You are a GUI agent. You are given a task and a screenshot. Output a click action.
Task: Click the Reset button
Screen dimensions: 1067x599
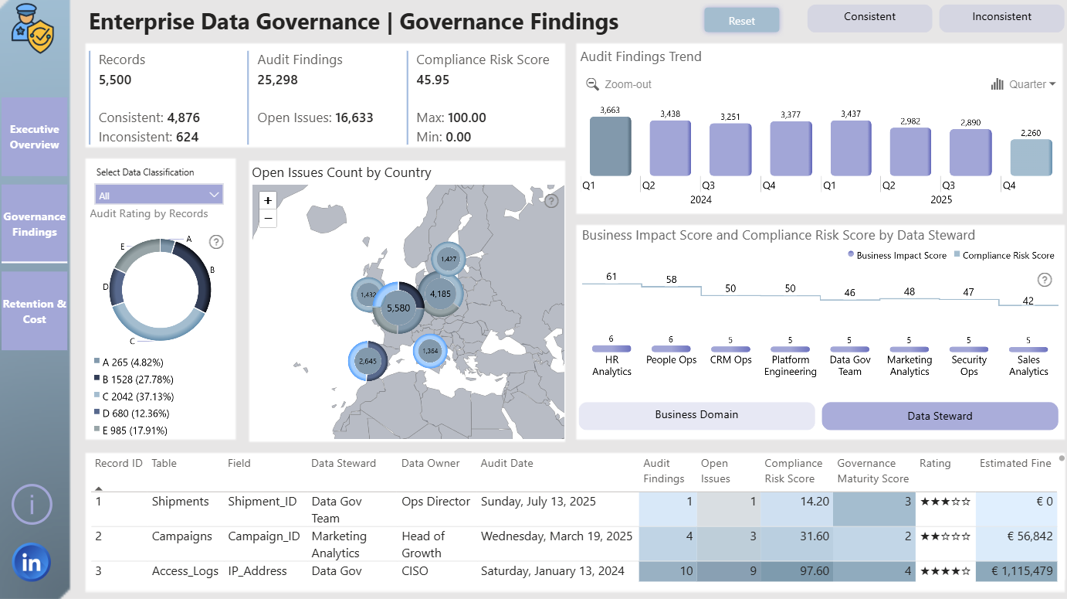742,21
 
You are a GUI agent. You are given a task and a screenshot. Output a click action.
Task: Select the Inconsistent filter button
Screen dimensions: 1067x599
1001,18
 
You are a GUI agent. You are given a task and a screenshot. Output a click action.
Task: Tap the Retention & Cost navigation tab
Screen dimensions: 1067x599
34,311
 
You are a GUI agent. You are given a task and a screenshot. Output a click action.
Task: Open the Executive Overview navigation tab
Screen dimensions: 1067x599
34,137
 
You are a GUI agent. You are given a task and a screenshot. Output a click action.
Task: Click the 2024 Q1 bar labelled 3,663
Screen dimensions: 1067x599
610,146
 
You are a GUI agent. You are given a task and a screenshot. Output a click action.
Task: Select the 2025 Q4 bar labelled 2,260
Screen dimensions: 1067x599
1031,158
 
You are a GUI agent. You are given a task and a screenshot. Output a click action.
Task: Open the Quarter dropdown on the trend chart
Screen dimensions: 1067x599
1024,84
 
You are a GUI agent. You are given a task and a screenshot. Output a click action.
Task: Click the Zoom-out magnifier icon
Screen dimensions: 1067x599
592,84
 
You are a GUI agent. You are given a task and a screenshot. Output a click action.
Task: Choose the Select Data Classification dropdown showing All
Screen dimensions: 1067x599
158,195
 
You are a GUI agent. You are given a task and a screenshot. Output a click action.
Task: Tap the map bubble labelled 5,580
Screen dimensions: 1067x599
398,308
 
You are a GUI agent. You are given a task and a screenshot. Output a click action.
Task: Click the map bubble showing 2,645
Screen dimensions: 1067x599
368,361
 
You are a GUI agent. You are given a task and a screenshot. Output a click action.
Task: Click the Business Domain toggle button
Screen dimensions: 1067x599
696,415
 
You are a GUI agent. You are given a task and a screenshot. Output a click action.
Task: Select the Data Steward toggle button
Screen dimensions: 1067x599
940,416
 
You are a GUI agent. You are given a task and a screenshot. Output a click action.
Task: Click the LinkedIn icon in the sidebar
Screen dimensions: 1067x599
32,563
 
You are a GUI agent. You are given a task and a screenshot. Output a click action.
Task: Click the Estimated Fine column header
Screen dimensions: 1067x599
1015,463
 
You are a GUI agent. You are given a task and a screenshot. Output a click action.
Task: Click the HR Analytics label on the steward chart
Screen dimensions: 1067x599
611,366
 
